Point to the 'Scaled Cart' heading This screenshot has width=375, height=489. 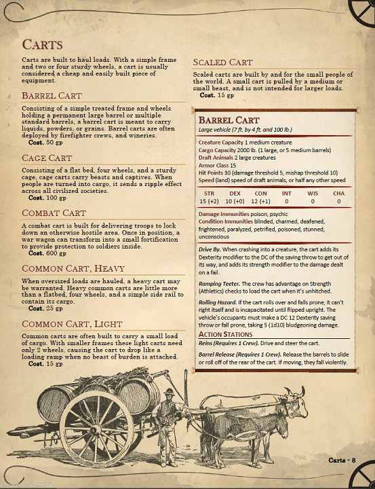pyautogui.click(x=233, y=62)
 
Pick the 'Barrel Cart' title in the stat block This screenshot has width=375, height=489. pyautogui.click(x=229, y=120)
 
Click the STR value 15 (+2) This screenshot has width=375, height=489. pyautogui.click(x=209, y=202)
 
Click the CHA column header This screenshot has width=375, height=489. pyautogui.click(x=338, y=194)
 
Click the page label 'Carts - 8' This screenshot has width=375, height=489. pyautogui.click(x=342, y=462)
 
